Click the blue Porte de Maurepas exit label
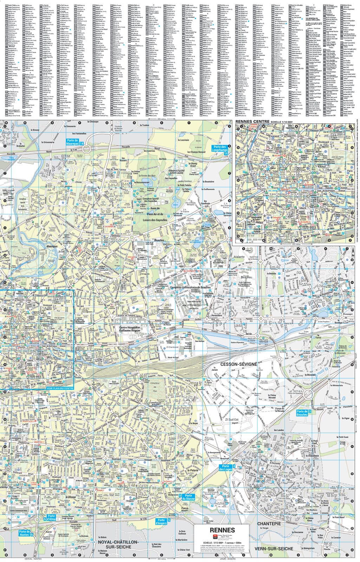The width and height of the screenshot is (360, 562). (75, 142)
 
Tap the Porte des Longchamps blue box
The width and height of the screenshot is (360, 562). (221, 150)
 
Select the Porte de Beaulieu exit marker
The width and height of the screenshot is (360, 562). (304, 413)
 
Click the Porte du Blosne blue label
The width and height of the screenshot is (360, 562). (188, 497)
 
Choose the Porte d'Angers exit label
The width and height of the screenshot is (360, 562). (163, 522)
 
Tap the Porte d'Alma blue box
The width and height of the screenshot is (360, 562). (50, 518)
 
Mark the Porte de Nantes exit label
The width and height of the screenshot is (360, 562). (26, 533)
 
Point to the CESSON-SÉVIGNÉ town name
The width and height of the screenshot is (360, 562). (238, 364)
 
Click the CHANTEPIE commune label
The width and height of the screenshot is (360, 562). (269, 524)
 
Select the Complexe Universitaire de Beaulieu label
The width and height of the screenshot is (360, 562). (190, 287)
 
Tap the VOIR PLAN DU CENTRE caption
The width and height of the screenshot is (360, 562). (60, 388)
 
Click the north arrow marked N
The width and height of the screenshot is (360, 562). (352, 251)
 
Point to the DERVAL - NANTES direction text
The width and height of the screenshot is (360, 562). (33, 559)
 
